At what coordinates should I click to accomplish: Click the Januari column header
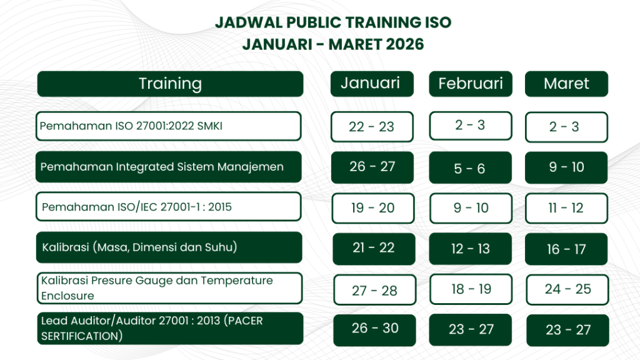coord(372,84)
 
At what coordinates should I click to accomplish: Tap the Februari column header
coord(470,84)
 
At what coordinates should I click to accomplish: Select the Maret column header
coord(566,84)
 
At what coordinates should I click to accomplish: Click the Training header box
coord(170,84)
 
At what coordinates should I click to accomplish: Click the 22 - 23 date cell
coord(372,126)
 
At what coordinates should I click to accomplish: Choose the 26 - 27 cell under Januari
coord(372,167)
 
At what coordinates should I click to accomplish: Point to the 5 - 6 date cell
coord(470,167)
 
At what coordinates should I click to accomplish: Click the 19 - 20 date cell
coord(373,208)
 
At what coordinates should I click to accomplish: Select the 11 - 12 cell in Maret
coord(566,208)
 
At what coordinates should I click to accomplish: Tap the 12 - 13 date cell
coord(470,249)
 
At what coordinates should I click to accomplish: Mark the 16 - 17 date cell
coord(566,249)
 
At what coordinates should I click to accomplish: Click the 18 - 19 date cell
coord(471,289)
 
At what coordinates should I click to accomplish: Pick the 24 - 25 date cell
coord(567,289)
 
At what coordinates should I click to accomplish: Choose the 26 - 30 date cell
coord(375,330)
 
